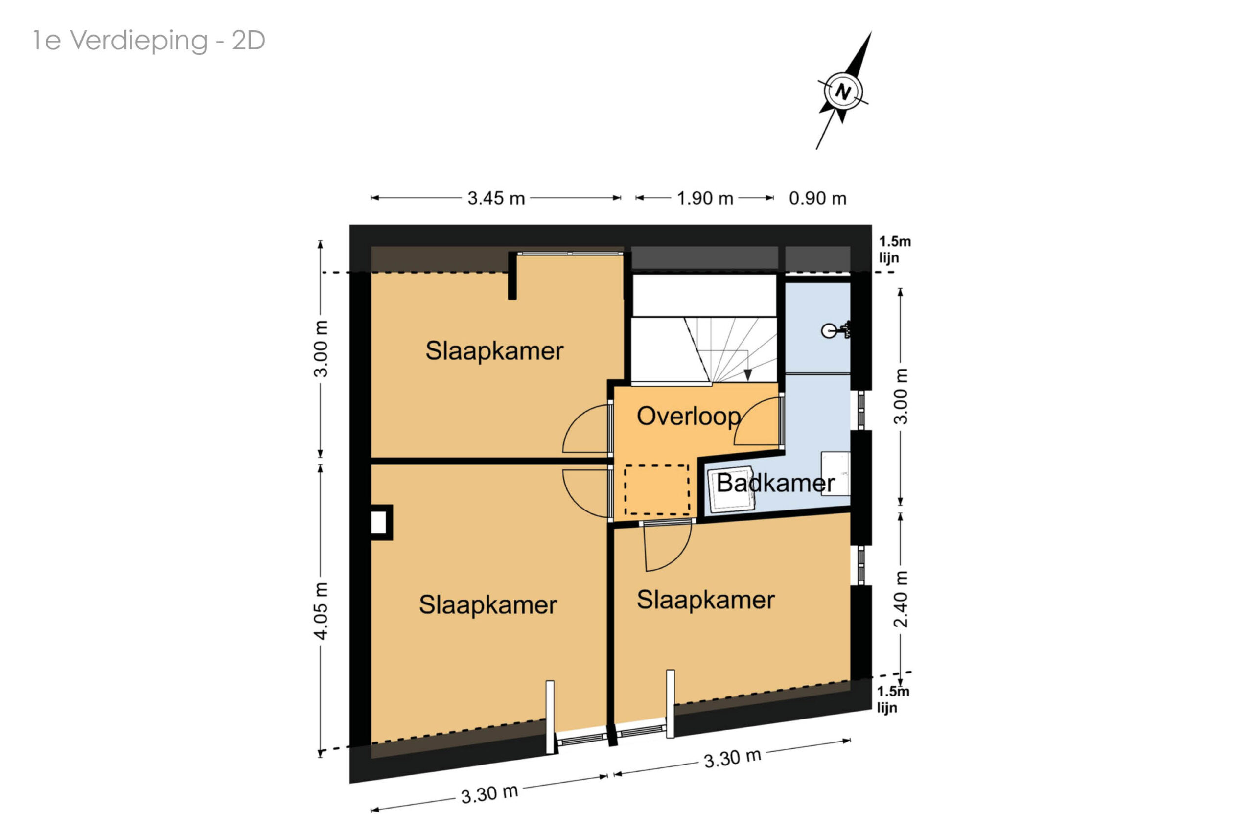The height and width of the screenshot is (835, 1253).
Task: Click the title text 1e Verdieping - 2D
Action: tap(149, 41)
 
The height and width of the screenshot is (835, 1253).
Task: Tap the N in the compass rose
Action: tap(842, 91)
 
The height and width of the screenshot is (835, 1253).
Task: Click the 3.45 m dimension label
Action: tap(496, 198)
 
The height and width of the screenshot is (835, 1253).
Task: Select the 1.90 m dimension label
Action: tap(704, 198)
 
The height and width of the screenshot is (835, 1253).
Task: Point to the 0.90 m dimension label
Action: tap(817, 198)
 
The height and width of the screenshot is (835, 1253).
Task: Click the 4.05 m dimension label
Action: tap(321, 610)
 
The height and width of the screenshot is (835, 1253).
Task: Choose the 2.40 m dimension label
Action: tap(900, 599)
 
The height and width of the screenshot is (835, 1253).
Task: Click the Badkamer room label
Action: tap(775, 483)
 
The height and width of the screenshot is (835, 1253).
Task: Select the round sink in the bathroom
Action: tap(829, 331)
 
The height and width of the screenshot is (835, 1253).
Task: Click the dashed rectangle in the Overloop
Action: tap(656, 490)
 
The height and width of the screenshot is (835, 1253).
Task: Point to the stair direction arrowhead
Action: tap(748, 375)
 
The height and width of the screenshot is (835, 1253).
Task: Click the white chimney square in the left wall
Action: tap(379, 522)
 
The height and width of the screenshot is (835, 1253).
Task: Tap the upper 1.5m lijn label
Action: tap(895, 249)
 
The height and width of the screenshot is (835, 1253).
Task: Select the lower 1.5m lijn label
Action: tap(893, 699)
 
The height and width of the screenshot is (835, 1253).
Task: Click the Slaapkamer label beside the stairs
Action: tap(494, 351)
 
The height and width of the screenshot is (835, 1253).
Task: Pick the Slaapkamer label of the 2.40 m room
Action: tap(706, 600)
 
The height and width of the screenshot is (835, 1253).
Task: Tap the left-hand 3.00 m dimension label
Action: tap(321, 349)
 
